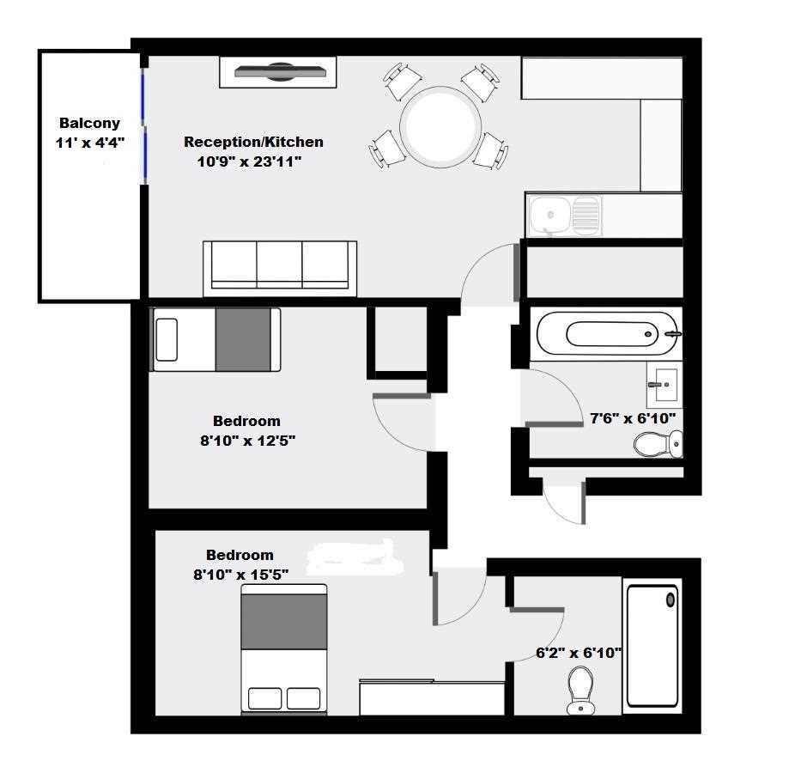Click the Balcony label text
click(x=89, y=123)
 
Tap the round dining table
click(x=440, y=125)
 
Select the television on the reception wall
click(x=280, y=72)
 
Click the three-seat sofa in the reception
click(x=280, y=269)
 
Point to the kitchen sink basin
click(x=550, y=215)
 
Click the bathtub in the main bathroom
click(x=607, y=333)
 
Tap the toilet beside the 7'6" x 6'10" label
click(x=659, y=444)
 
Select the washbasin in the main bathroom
click(x=665, y=385)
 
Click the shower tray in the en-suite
click(x=652, y=646)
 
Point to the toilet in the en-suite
click(x=580, y=690)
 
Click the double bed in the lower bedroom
click(x=284, y=649)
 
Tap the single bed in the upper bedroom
click(x=215, y=340)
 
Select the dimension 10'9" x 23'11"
click(x=249, y=161)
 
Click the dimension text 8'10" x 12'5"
click(x=247, y=441)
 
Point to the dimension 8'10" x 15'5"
click(x=241, y=575)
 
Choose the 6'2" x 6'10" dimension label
click(x=579, y=653)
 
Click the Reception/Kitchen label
click(x=253, y=142)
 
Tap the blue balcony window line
click(x=144, y=125)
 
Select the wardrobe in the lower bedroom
click(x=432, y=697)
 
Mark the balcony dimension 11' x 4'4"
click(x=89, y=143)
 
